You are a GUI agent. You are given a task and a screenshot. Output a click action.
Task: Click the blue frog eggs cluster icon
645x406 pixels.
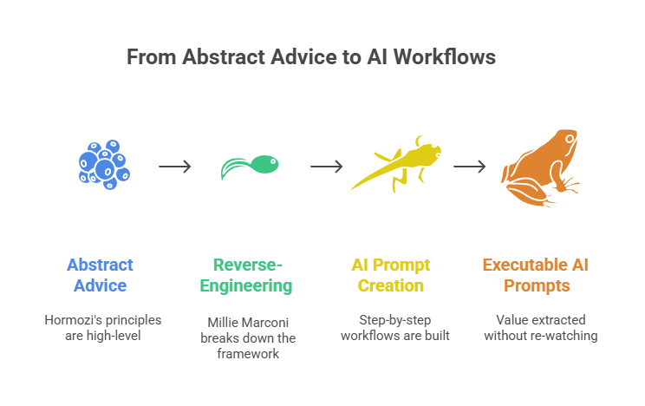pyautogui.click(x=103, y=163)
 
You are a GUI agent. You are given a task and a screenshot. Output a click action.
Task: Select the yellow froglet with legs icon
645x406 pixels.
pyautogui.click(x=395, y=164)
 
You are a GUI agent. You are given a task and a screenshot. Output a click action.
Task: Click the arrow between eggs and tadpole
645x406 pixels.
pyautogui.click(x=175, y=167)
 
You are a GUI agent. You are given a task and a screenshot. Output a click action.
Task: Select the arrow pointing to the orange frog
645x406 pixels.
pyautogui.click(x=469, y=167)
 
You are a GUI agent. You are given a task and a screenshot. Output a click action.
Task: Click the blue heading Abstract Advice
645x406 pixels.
pyautogui.click(x=101, y=275)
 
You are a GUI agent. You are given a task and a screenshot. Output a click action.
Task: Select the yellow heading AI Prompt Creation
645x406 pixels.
pyautogui.click(x=391, y=275)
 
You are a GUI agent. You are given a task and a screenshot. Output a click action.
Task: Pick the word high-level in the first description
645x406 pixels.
pyautogui.click(x=117, y=335)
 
